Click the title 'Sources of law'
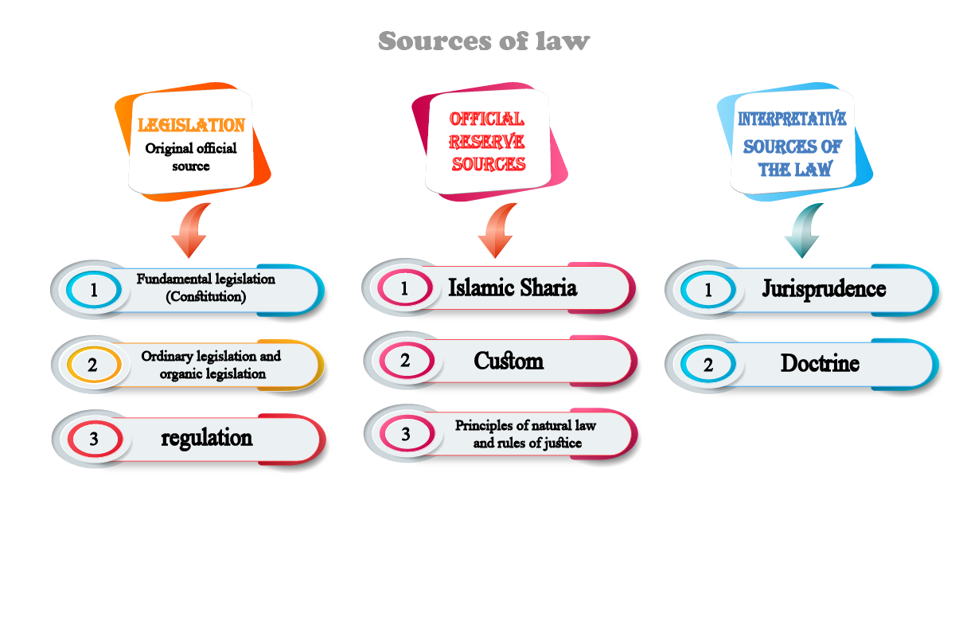(x=484, y=41)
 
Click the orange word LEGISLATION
(x=191, y=125)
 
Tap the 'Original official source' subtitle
(x=191, y=157)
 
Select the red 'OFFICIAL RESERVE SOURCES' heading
(x=488, y=142)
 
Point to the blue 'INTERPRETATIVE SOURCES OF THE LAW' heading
(x=792, y=144)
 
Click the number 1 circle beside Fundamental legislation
(x=94, y=290)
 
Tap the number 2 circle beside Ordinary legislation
(x=93, y=365)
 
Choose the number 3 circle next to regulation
(x=94, y=438)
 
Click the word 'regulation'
(x=207, y=437)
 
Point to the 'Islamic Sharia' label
(x=513, y=287)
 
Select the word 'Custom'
(x=509, y=361)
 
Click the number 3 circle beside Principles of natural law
(x=406, y=434)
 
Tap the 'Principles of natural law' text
(x=525, y=425)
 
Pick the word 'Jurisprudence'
(x=824, y=287)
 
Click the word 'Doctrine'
(x=820, y=364)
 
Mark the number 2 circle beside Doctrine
(x=708, y=365)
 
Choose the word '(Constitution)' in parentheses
(x=205, y=297)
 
